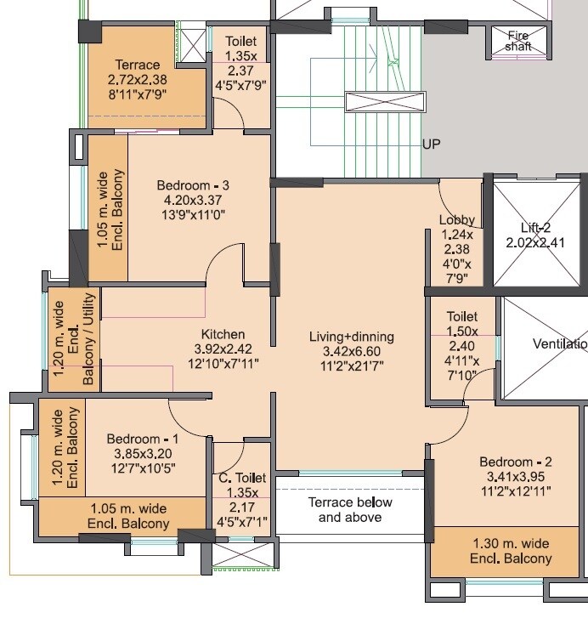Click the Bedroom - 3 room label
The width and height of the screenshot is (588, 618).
pyautogui.click(x=193, y=185)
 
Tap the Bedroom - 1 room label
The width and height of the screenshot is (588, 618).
pyautogui.click(x=143, y=439)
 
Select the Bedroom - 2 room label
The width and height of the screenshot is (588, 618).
pyautogui.click(x=515, y=462)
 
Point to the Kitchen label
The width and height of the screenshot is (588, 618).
pyautogui.click(x=223, y=334)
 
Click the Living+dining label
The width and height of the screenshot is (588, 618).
pyautogui.click(x=351, y=337)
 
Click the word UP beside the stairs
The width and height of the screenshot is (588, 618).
pyautogui.click(x=432, y=145)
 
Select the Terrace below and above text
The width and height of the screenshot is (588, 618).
pyautogui.click(x=349, y=510)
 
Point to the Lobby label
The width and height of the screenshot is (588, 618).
pyautogui.click(x=457, y=220)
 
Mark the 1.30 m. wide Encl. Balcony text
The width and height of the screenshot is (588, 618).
pyautogui.click(x=510, y=551)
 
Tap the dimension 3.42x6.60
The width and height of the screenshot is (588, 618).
pyautogui.click(x=351, y=351)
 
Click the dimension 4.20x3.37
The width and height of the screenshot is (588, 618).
pyautogui.click(x=193, y=201)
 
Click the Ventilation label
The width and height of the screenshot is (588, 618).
pyautogui.click(x=559, y=344)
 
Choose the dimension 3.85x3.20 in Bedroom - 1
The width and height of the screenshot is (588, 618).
pyautogui.click(x=143, y=453)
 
